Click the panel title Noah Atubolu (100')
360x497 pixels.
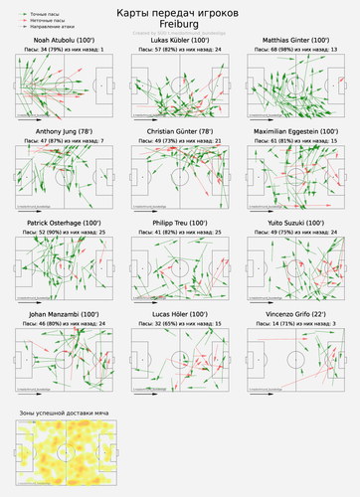pos(58,40)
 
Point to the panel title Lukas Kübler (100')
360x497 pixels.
pos(179,40)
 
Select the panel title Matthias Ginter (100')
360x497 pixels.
pos(299,40)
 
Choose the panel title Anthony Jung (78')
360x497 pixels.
pos(58,131)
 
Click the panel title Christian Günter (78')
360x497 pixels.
pos(179,131)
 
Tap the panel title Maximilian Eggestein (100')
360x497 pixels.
pos(299,131)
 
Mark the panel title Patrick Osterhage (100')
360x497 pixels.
pos(58,223)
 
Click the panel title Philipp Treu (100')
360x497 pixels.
pos(179,223)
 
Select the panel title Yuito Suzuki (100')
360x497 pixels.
pos(299,223)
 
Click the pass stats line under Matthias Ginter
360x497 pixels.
pos(299,48)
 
